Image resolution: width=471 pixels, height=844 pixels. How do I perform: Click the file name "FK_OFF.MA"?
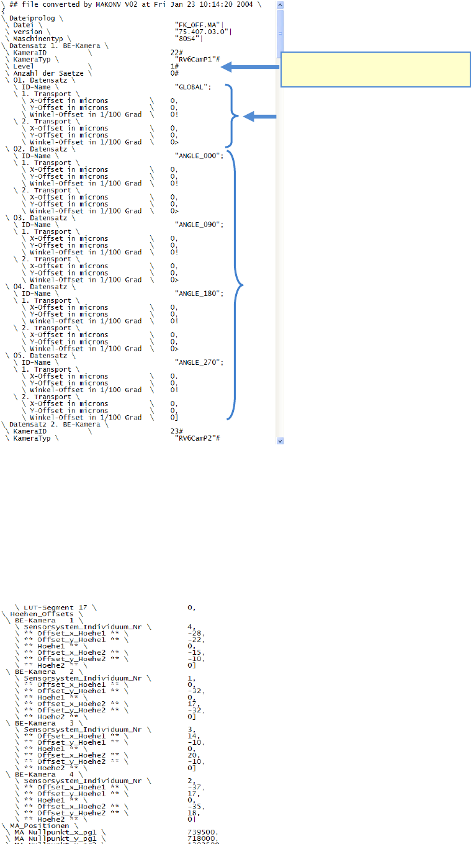(x=194, y=25)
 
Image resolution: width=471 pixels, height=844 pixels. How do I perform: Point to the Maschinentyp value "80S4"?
(x=187, y=38)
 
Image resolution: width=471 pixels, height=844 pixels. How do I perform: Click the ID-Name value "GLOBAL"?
(x=192, y=87)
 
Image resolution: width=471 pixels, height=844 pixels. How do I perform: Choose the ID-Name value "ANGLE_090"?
(x=199, y=225)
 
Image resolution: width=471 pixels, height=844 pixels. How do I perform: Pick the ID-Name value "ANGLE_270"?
(x=199, y=362)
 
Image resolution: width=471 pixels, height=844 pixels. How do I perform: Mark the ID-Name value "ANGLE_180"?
(x=199, y=294)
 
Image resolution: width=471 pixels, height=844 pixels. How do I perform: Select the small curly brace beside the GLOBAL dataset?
(x=235, y=115)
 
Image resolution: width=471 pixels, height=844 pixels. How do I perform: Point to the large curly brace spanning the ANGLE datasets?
(x=236, y=285)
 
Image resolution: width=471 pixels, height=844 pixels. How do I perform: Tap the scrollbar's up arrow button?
(x=280, y=5)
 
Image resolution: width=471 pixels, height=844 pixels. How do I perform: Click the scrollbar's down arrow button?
(x=280, y=440)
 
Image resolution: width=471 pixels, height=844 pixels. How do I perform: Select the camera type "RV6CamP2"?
(x=198, y=438)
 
